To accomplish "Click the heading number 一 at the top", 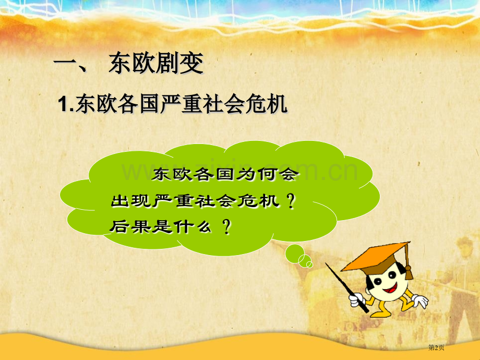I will click(65, 65).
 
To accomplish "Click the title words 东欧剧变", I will click(155, 65).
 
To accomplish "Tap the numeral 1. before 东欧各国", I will click(66, 105).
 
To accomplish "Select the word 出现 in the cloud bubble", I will click(128, 200).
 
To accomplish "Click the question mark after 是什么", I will click(226, 227).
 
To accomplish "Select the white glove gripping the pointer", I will click(357, 299).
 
